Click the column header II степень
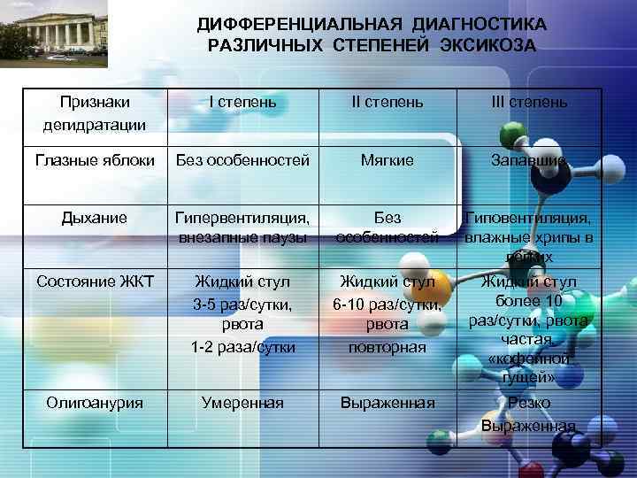point(388,102)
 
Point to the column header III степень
point(529,102)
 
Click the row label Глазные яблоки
point(96,160)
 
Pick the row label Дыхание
point(96,217)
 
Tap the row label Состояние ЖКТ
point(96,281)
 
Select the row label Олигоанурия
point(96,403)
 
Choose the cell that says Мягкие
point(388,160)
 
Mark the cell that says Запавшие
point(529,160)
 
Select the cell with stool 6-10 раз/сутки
point(388,314)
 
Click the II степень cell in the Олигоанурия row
point(388,403)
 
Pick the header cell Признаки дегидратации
point(96,112)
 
